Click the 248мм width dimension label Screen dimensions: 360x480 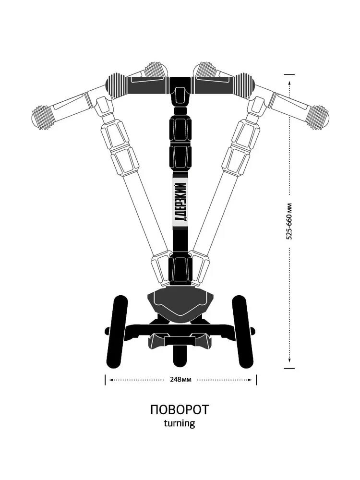tap(180, 379)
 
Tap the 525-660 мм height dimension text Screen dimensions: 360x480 tap(289, 221)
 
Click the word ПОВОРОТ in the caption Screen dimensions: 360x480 tap(180, 410)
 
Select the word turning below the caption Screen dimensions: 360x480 tap(180, 423)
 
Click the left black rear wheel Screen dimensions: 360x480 tap(117, 331)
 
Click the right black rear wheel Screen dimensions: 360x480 tap(243, 331)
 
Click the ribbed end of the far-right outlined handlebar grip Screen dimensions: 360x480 tap(317, 117)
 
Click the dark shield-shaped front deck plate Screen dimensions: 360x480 tap(180, 301)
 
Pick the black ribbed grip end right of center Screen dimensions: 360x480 tap(244, 85)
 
